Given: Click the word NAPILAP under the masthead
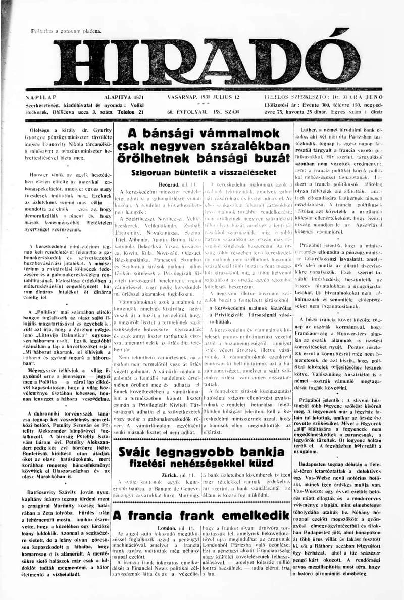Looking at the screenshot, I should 41,96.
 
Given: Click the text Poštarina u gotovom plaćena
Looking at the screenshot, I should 66,31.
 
